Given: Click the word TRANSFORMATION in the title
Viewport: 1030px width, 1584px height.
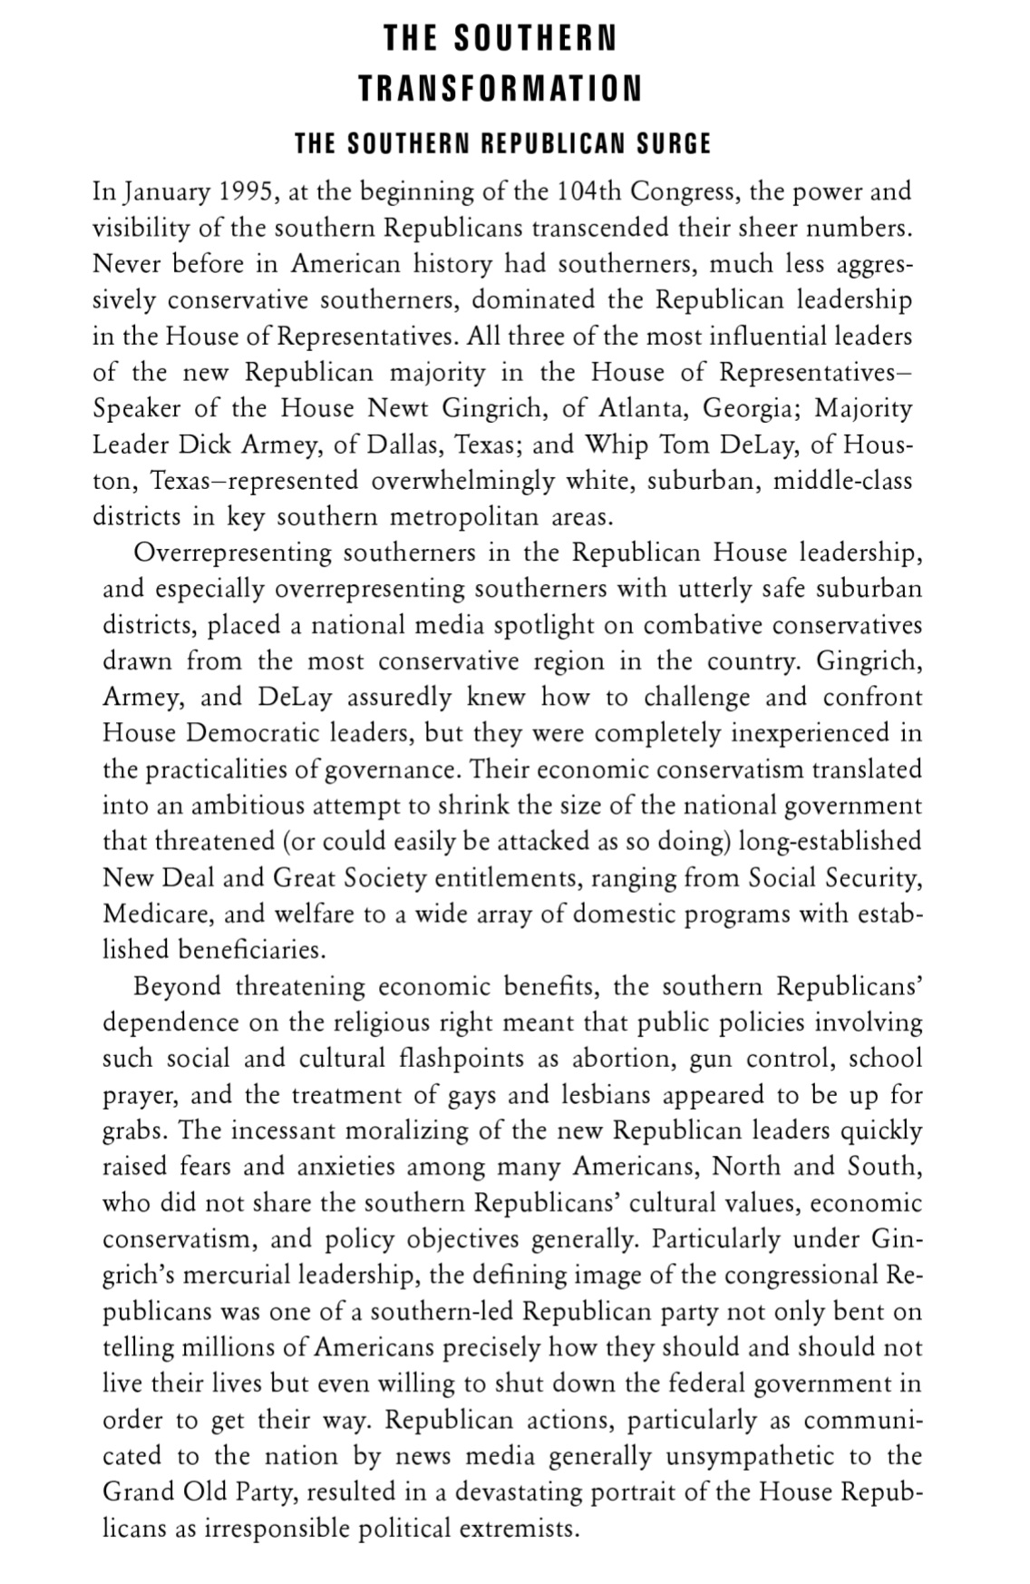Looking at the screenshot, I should point(500,89).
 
